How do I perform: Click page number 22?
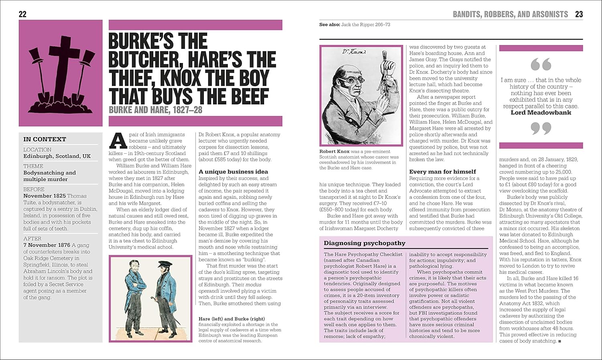(x=22, y=14)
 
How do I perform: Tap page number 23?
(x=579, y=14)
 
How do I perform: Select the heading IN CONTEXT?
(x=45, y=139)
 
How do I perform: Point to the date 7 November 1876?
(x=47, y=245)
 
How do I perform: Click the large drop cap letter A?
(x=118, y=141)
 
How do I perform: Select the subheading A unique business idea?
(x=233, y=172)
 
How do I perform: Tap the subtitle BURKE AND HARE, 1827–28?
(x=156, y=110)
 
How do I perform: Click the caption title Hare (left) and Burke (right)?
(x=232, y=319)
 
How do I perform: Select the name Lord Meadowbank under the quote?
(x=541, y=113)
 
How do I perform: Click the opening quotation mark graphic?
(x=541, y=64)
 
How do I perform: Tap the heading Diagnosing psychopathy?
(x=364, y=243)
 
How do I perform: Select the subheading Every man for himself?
(x=442, y=172)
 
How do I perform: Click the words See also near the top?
(x=329, y=25)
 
